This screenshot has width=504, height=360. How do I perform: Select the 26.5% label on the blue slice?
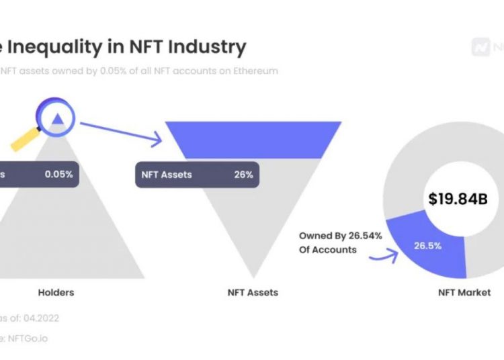pos(427,246)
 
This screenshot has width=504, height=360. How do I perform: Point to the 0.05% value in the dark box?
pos(59,174)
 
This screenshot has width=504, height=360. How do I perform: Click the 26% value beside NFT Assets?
pos(244,174)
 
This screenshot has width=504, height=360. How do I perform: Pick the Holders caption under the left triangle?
pos(56,292)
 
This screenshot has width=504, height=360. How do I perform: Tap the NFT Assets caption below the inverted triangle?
pos(253,292)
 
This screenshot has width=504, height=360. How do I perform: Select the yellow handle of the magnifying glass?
pos(26,140)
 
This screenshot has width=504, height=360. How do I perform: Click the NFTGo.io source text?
pos(26,339)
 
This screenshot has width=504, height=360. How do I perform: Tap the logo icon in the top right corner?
pos(481,48)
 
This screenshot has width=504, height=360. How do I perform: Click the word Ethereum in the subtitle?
pos(254,71)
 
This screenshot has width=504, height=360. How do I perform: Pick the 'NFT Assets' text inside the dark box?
pos(167,174)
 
